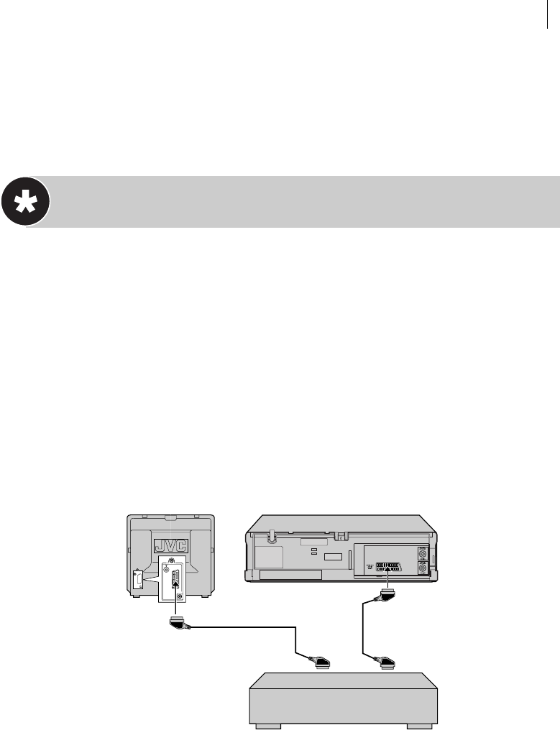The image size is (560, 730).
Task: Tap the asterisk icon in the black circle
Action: pos(25,202)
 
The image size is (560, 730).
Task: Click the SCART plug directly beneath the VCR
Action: pos(387,596)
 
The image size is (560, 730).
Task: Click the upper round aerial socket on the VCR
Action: pos(421,553)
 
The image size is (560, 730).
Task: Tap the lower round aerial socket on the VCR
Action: pos(421,568)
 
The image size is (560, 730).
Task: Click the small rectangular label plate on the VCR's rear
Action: pos(333,558)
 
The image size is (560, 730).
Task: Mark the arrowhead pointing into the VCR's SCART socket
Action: pos(387,572)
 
